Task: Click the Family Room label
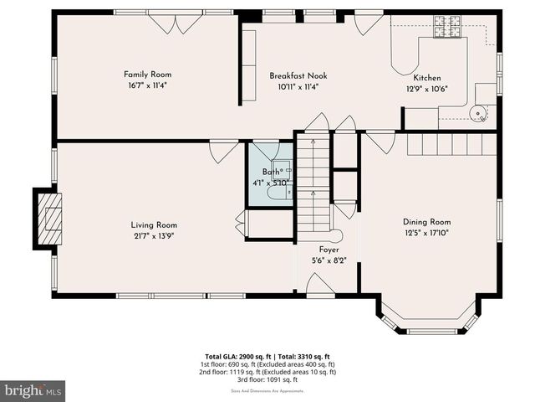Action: coord(148,75)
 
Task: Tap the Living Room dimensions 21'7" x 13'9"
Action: coord(154,236)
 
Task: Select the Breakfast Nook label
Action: coord(298,75)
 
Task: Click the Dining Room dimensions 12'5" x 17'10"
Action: coord(427,234)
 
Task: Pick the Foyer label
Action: coord(329,250)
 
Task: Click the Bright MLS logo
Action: coord(33,391)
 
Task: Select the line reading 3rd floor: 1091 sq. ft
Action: coord(270,380)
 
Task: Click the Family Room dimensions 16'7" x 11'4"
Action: coord(148,85)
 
